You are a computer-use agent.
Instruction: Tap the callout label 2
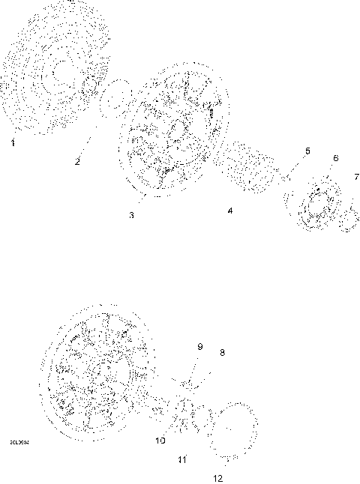tap(77, 160)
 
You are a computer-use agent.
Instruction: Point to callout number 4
tap(230, 211)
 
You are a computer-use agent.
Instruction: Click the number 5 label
tap(306, 152)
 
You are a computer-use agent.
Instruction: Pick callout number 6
tap(335, 159)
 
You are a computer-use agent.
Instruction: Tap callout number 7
tap(356, 177)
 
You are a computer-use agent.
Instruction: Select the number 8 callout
tap(222, 351)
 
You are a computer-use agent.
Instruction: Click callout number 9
tap(199, 346)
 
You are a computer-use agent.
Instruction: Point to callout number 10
tap(160, 441)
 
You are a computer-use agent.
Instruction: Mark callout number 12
tap(217, 477)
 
